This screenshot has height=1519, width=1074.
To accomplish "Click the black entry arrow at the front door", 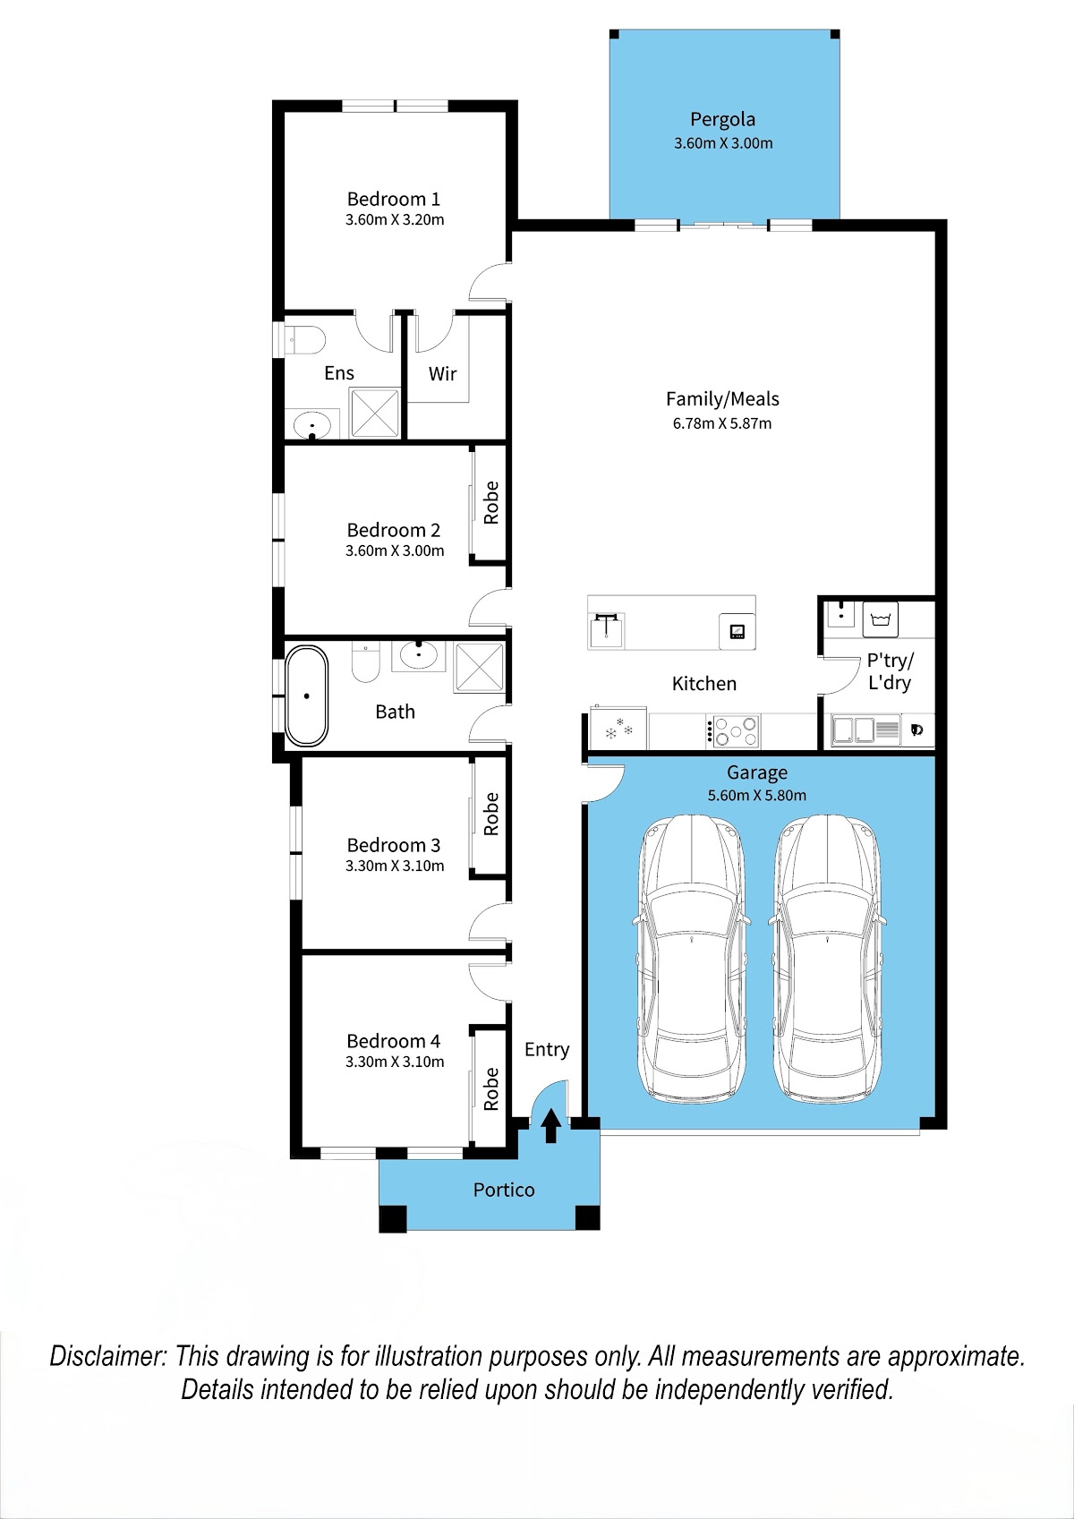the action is tap(550, 1125).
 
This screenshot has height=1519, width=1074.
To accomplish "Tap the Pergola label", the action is tap(722, 120).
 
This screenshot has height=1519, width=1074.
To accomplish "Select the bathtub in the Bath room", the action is tap(306, 695).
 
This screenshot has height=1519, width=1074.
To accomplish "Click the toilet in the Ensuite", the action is tap(304, 340).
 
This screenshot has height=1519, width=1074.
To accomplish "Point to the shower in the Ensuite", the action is tap(375, 413).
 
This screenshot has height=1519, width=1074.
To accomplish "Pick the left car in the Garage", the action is tap(691, 959).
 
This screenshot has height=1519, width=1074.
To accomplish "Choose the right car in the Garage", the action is tap(827, 959).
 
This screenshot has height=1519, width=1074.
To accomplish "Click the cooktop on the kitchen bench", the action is tap(733, 731).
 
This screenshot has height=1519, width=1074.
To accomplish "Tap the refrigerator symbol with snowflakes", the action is tap(618, 729).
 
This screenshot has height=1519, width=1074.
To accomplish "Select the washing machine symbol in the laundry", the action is tap(880, 619).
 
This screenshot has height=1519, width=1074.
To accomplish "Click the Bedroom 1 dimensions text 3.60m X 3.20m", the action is tap(395, 219).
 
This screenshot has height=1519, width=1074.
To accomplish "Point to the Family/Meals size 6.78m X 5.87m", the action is tap(722, 423).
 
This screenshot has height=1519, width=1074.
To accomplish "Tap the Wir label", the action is tap(442, 373).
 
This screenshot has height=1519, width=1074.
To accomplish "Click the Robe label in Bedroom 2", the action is tap(490, 502).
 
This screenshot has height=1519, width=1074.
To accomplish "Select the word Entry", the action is tap(547, 1050).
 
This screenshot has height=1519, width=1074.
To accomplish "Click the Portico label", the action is tap(504, 1190).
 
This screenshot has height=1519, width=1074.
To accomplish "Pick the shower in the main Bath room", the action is tap(480, 668).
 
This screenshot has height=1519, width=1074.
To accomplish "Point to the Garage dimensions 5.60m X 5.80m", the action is tap(756, 796).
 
